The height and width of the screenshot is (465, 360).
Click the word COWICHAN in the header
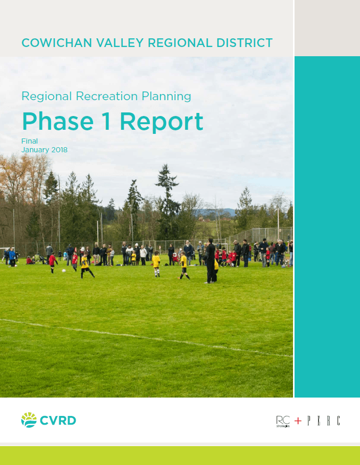click(x=57, y=43)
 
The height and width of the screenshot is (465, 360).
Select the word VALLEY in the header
click(x=120, y=43)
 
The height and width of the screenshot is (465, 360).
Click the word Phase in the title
click(x=58, y=121)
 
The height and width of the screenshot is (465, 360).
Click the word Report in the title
click(x=162, y=122)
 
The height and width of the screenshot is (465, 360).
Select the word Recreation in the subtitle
click(x=107, y=96)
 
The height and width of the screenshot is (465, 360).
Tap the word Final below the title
click(x=30, y=141)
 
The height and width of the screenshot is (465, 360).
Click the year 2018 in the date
click(x=59, y=150)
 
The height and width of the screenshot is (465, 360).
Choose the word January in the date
click(x=35, y=150)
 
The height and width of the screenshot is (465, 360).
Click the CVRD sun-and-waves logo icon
click(x=29, y=420)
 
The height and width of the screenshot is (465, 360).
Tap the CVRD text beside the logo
click(x=58, y=421)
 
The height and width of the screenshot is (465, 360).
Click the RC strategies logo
click(x=283, y=421)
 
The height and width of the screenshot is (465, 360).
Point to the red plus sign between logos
click(x=298, y=421)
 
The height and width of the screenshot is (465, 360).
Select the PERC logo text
click(x=324, y=421)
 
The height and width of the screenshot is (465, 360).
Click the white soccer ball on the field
click(x=64, y=271)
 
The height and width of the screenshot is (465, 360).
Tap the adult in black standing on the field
click(x=210, y=261)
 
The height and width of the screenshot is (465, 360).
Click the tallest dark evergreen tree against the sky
click(x=167, y=202)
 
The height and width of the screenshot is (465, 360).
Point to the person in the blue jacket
click(x=12, y=257)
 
